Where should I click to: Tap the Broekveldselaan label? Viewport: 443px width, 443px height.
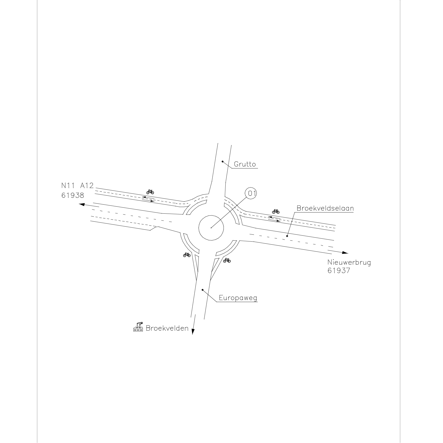point(325,208)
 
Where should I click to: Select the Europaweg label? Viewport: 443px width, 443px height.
point(238,298)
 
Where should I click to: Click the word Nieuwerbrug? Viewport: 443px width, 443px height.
point(349,263)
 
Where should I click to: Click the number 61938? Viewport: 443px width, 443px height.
point(73,195)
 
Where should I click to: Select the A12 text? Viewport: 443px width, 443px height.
point(87,186)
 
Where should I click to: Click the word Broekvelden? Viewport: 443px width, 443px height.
point(167,328)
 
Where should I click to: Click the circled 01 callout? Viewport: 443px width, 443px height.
point(251,193)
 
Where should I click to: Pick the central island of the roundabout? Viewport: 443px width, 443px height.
point(211,228)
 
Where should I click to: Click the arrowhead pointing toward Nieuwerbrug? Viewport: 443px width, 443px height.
point(345,253)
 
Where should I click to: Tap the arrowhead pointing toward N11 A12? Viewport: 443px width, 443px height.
point(82,204)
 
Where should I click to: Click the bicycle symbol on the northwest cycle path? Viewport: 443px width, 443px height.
point(150,192)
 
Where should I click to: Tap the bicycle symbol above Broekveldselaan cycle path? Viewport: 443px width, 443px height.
point(276,211)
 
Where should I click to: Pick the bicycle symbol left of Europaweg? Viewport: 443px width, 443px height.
point(187,255)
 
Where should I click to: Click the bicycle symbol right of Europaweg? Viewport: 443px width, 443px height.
point(227,260)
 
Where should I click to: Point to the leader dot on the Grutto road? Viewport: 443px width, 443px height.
point(222,162)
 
